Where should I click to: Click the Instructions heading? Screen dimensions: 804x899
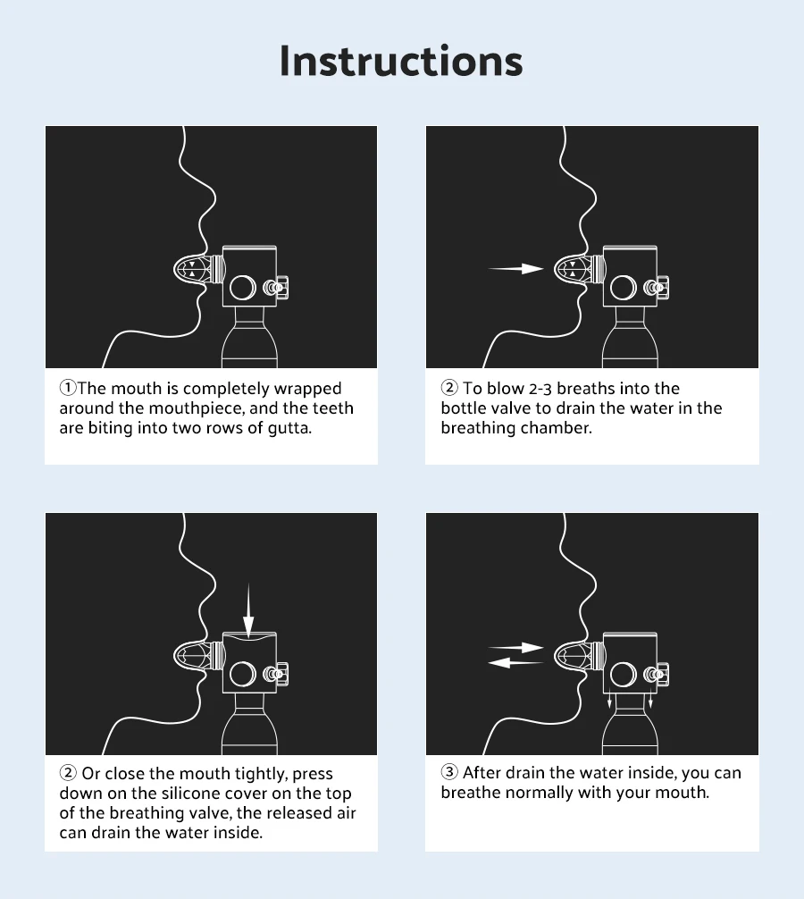[401, 60]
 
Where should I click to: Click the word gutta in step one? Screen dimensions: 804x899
[289, 428]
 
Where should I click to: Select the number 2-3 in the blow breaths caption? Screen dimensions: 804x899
[540, 389]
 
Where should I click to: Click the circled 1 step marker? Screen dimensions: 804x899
[68, 388]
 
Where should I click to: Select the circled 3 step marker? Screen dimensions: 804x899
[449, 772]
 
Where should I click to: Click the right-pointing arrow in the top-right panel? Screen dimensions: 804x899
[515, 268]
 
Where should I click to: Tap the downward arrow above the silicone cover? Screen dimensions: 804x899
[248, 610]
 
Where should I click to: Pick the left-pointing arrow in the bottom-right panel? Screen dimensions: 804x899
[515, 663]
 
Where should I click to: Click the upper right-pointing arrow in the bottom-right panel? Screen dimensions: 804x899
[515, 648]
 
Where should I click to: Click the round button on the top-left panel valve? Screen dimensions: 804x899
[242, 287]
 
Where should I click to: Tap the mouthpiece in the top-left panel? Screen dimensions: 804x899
[197, 269]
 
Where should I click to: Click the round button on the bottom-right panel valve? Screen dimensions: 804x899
[623, 675]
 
